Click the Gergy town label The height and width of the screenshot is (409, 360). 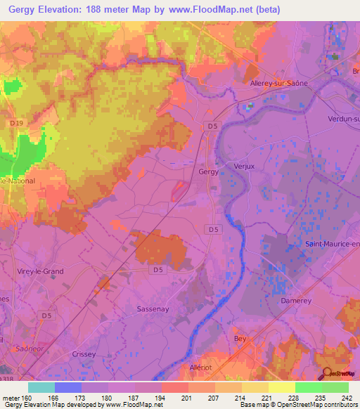pyautogui.click(x=209, y=171)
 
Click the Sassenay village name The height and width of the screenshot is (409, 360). pyautogui.click(x=155, y=309)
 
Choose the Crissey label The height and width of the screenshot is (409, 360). pyautogui.click(x=83, y=355)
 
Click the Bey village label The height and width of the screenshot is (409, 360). pyautogui.click(x=240, y=338)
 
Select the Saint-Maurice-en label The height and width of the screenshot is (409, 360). pyautogui.click(x=331, y=244)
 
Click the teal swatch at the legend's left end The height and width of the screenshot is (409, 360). pyautogui.click(x=41, y=387)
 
